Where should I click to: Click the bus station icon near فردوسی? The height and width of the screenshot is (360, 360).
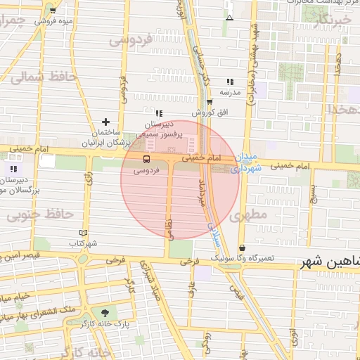click(146, 160)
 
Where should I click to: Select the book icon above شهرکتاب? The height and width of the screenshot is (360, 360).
click(84, 233)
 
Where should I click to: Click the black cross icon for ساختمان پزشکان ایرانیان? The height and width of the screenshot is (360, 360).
click(105, 122)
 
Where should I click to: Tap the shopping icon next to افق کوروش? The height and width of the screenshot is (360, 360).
click(209, 102)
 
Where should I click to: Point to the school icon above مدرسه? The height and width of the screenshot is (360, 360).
click(229, 82)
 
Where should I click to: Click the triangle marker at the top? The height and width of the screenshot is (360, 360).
click(229, 18)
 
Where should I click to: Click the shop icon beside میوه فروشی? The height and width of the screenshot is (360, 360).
click(53, 11)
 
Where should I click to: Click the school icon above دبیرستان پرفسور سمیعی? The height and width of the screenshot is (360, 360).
click(159, 113)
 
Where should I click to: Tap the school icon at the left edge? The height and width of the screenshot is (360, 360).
click(13, 169)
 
